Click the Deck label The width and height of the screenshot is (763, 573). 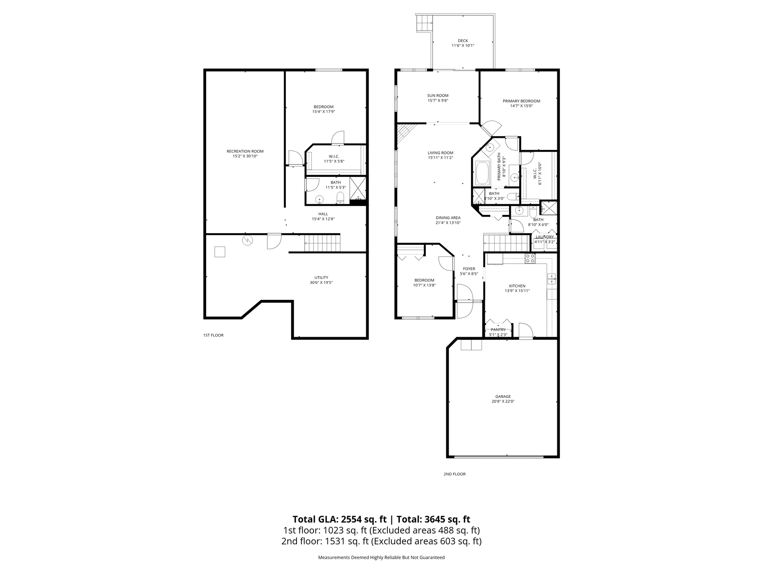(x=463, y=41)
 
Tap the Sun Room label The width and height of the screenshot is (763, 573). (x=438, y=95)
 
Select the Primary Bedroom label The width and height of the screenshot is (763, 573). (x=521, y=101)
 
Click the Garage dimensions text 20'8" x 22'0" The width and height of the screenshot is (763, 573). (x=503, y=402)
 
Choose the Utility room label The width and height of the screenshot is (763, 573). (x=321, y=278)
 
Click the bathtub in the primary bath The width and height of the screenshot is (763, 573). (x=483, y=173)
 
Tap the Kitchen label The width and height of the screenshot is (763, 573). (x=517, y=286)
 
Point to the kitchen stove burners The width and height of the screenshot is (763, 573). (x=530, y=258)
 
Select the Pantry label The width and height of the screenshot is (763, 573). (x=498, y=330)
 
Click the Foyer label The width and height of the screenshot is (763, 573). (x=469, y=269)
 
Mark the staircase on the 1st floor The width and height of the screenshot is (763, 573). (x=322, y=243)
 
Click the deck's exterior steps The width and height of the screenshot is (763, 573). (x=424, y=23)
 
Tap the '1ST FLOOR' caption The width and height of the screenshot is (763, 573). (x=213, y=335)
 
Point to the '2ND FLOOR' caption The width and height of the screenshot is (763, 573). (x=455, y=474)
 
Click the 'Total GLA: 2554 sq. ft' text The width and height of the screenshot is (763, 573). (x=340, y=519)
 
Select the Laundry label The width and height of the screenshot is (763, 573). (x=545, y=237)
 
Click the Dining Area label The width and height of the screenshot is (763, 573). (x=448, y=218)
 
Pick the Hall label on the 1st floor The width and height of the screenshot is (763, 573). (x=323, y=214)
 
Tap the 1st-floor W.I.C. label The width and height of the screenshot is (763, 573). (x=334, y=157)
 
